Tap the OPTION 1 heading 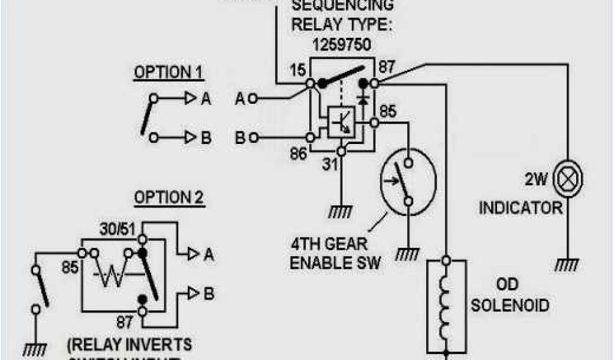(168, 73)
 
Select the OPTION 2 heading (168, 197)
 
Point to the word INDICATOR (521, 208)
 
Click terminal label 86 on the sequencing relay (298, 154)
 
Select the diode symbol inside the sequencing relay (362, 97)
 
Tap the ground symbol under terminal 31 (341, 211)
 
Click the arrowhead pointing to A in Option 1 (189, 99)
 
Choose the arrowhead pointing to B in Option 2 (193, 293)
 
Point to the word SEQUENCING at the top (343, 6)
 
